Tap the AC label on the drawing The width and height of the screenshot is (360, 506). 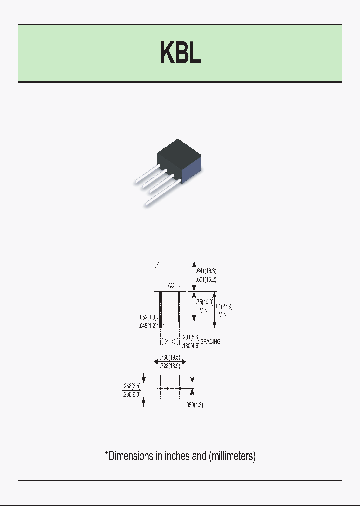click(171, 286)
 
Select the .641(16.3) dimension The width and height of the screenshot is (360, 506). click(207, 271)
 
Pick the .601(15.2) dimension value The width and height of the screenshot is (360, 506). click(207, 279)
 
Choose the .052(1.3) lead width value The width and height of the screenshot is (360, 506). click(148, 317)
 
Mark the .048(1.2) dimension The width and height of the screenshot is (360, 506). click(148, 325)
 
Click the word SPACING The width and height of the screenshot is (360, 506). click(210, 342)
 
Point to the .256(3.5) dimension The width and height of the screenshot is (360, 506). click(132, 386)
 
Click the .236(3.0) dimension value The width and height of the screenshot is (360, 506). click(132, 394)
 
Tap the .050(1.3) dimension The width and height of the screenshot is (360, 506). click(194, 405)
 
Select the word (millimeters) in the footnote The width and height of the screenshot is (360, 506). click(232, 456)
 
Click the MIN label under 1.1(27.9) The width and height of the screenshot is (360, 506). click(223, 315)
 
